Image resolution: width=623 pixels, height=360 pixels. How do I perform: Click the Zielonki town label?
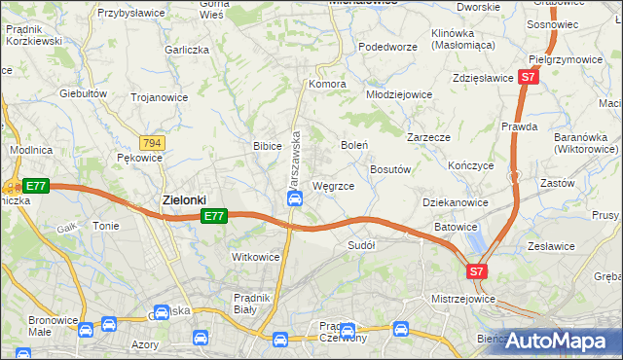click(183, 199)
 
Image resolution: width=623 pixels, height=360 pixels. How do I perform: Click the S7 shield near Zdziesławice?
click(528, 77)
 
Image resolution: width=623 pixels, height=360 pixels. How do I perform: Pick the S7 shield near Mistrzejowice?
click(476, 272)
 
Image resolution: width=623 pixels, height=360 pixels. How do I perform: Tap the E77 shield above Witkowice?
click(215, 216)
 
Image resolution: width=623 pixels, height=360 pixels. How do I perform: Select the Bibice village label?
click(267, 146)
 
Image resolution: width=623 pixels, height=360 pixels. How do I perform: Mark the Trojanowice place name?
click(161, 97)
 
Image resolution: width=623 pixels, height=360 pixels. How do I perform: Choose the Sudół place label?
click(361, 245)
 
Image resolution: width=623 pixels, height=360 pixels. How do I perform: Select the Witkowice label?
click(255, 257)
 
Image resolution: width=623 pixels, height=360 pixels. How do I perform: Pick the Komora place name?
click(327, 84)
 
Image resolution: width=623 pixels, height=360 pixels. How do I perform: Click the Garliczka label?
click(187, 49)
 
